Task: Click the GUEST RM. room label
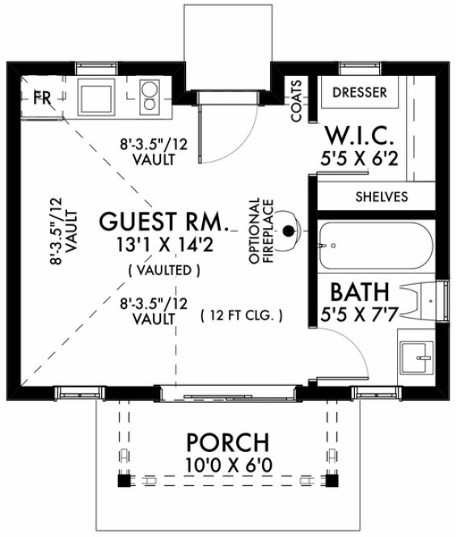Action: tap(165, 220)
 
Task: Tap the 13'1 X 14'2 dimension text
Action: tap(165, 241)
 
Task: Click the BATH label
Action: tap(361, 290)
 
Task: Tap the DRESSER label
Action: tap(360, 92)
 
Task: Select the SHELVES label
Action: tap(382, 197)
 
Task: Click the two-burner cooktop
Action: tap(149, 96)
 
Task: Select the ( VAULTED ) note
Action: tap(164, 268)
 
